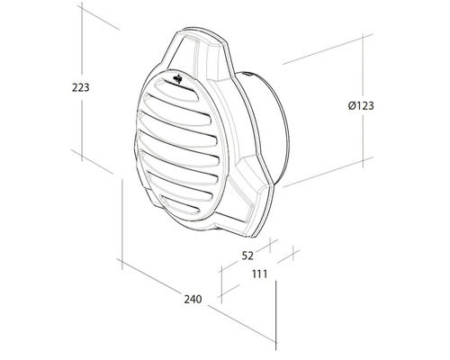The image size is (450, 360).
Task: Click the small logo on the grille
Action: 178,84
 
